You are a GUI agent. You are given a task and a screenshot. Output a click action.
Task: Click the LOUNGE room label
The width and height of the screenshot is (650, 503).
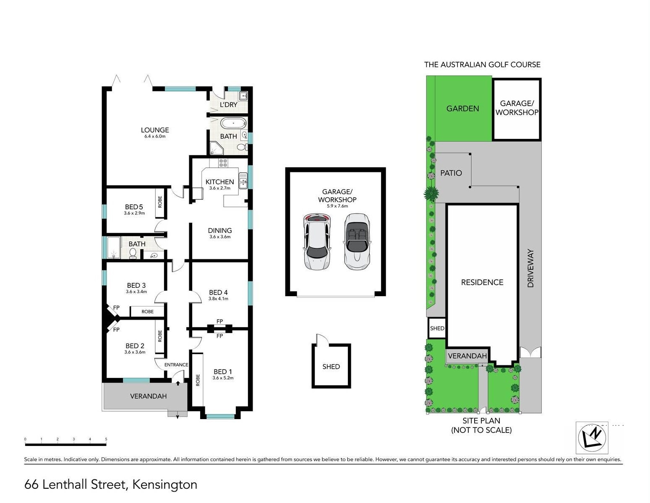click(155, 130)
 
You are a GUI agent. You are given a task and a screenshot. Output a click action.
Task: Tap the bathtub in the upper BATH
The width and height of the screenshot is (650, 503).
click(234, 123)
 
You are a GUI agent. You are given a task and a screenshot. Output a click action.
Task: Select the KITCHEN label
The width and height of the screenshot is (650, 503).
click(219, 182)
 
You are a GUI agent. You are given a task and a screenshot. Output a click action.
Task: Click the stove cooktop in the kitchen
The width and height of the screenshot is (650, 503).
click(223, 163)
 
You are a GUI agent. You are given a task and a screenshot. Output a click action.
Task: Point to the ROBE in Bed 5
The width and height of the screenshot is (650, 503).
click(160, 202)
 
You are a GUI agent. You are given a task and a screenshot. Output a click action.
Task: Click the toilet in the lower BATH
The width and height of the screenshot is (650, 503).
click(133, 253)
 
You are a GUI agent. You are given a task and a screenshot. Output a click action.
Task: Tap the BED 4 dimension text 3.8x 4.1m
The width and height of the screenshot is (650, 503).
click(218, 298)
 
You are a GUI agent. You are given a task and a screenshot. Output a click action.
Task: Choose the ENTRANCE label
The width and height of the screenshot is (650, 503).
click(176, 365)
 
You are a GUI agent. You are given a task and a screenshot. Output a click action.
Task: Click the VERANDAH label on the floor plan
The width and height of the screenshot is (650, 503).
click(149, 396)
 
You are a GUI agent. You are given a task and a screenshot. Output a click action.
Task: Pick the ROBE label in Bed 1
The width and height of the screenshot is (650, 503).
click(198, 380)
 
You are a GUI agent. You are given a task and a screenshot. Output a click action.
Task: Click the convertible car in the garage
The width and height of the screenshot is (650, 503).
click(357, 241)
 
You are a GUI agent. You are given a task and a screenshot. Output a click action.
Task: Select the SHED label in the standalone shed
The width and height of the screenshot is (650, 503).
click(331, 367)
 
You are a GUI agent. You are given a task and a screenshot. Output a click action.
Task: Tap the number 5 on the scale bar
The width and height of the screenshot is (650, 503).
click(106, 439)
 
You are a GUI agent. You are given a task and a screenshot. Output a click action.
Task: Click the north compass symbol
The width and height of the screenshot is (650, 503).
click(592, 438)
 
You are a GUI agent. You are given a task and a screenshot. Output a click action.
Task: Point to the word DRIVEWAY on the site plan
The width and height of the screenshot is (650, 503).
click(531, 268)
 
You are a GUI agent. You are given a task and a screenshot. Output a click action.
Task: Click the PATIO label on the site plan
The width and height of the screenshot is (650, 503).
click(451, 173)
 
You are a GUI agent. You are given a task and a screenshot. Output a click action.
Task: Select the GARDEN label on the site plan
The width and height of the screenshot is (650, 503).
click(463, 109)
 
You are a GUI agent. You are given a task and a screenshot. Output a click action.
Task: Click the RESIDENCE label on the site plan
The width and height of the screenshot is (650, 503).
click(482, 282)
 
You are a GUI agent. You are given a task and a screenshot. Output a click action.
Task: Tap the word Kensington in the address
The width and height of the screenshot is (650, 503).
click(165, 485)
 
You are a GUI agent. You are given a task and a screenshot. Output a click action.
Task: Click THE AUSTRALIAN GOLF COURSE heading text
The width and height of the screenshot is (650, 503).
click(482, 65)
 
